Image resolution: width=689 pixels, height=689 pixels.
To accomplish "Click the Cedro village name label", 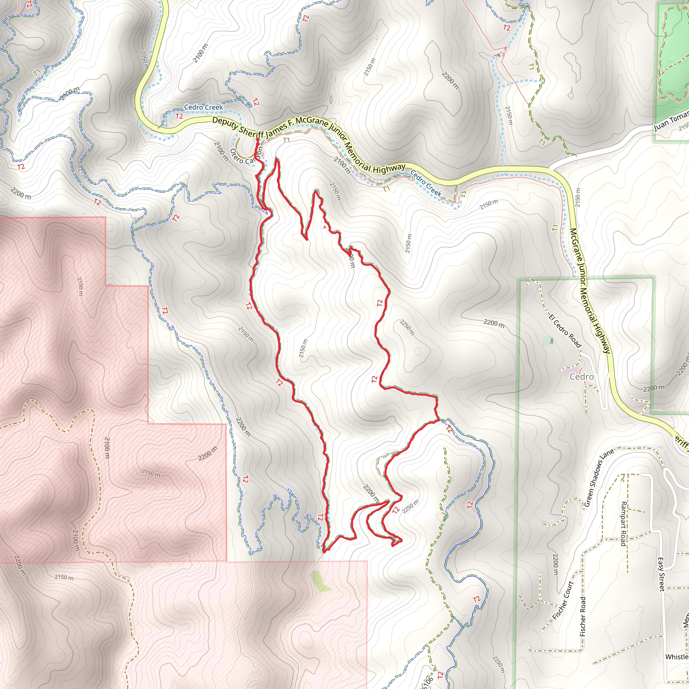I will point(581,377).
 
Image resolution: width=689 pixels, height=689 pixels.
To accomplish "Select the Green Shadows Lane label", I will point(599,478).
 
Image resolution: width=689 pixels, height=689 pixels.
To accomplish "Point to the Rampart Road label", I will point(623,523).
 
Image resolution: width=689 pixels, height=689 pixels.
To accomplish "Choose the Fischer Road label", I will point(583,616).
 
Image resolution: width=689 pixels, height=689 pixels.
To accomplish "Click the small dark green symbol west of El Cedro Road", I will point(551,341).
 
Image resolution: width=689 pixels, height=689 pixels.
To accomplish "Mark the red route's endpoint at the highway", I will point(257,140).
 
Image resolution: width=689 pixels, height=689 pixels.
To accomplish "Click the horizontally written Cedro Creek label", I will point(203,107).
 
